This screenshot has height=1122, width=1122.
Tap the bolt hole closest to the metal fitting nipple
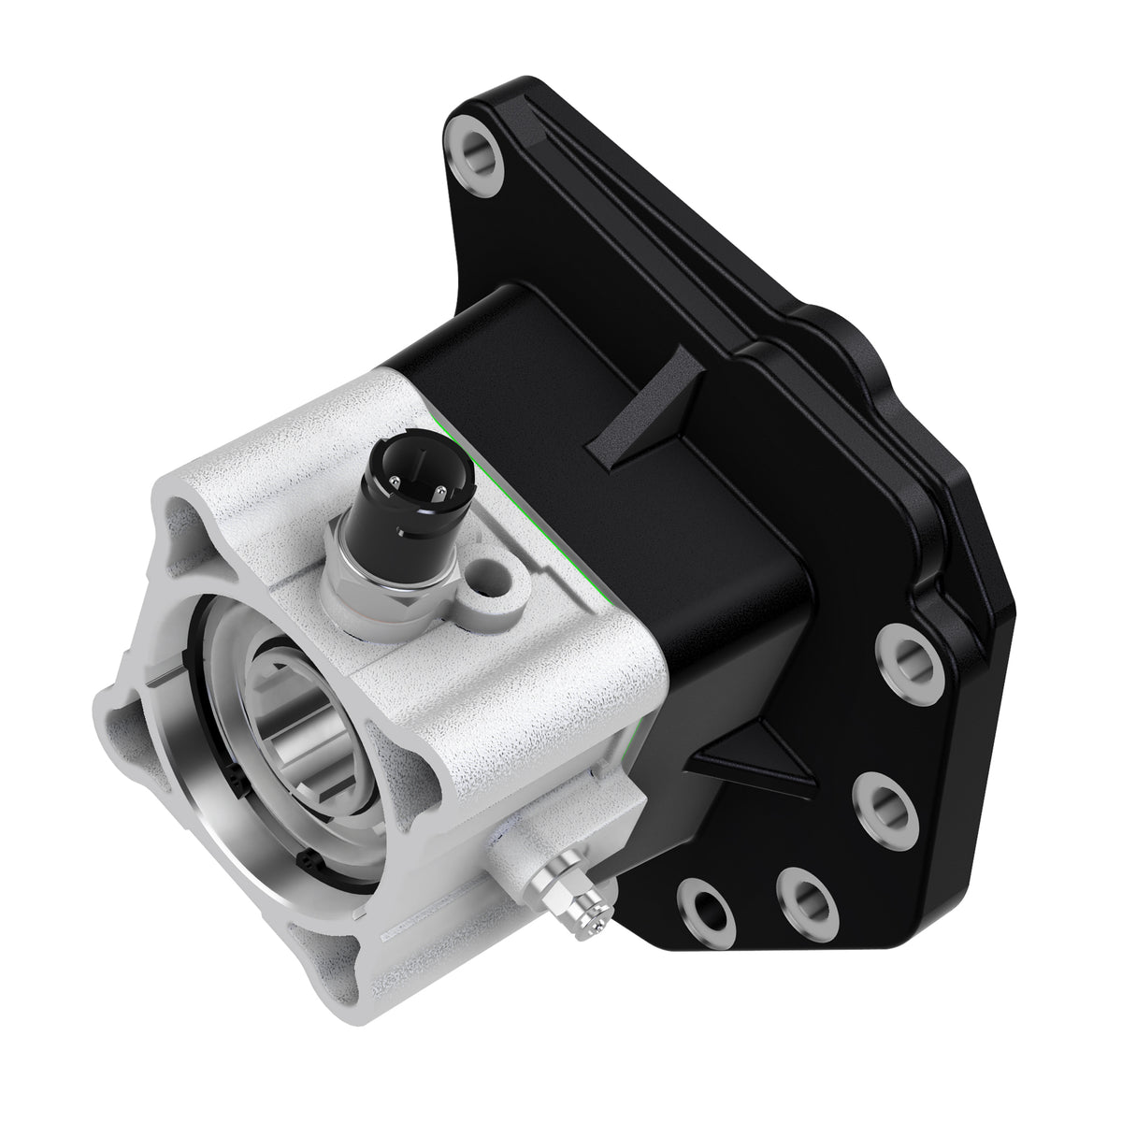[x=704, y=904]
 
